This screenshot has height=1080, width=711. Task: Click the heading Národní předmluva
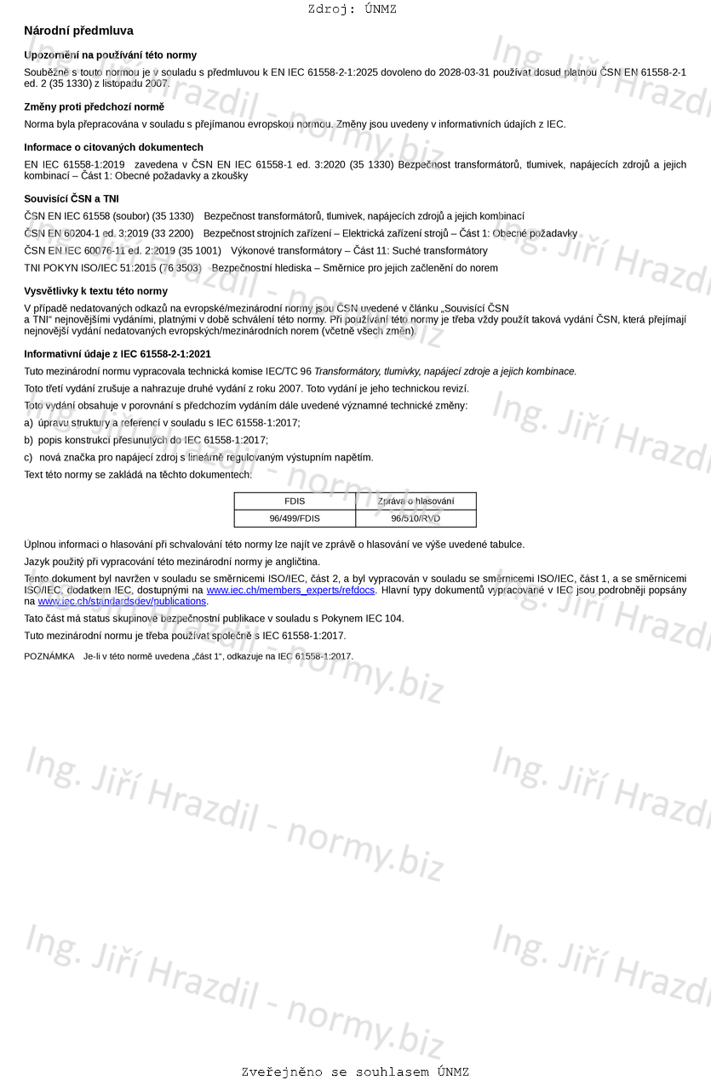[78, 31]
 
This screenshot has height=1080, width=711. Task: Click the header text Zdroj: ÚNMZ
[352, 9]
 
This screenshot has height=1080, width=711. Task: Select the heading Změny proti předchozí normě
[94, 106]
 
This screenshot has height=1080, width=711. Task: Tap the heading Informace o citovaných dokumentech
[113, 147]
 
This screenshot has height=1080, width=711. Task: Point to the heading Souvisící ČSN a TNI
[72, 198]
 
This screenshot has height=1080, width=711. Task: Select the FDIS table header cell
[295, 501]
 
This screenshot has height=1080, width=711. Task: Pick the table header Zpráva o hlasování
[416, 501]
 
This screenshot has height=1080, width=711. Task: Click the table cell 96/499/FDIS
[295, 518]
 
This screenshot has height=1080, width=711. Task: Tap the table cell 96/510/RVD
[416, 518]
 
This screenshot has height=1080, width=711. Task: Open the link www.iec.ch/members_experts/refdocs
[290, 590]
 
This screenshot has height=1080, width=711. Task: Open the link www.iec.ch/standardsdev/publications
[122, 601]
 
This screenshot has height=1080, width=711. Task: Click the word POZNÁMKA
[49, 656]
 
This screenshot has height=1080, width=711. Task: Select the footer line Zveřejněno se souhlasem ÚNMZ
[355, 1072]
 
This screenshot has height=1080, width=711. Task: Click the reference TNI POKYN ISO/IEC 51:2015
[112, 268]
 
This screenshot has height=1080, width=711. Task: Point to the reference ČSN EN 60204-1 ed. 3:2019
[108, 233]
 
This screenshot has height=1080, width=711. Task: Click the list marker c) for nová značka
[29, 457]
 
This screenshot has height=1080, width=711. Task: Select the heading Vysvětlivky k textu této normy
[95, 291]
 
